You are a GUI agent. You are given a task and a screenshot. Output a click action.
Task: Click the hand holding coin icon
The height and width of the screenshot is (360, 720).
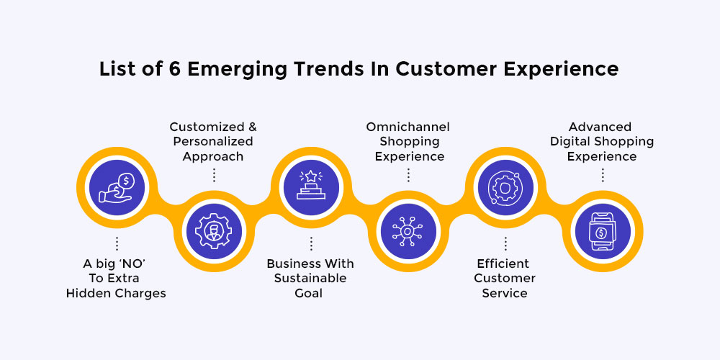[x=117, y=187]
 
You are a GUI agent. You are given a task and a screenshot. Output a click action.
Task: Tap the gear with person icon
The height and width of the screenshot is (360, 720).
[x=214, y=231]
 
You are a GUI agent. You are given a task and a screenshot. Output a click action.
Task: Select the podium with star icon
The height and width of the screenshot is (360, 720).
[x=311, y=186]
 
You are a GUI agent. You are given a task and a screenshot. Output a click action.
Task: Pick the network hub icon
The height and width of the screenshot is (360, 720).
[x=408, y=231]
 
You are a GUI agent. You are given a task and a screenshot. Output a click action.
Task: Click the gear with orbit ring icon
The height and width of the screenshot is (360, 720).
[x=505, y=187]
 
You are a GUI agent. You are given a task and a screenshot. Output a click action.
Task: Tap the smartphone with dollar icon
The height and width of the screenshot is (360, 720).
[x=602, y=232]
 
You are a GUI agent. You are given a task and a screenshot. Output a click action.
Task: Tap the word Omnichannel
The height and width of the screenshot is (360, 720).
[x=408, y=127]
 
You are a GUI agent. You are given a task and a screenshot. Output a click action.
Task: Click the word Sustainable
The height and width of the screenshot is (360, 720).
[x=310, y=278]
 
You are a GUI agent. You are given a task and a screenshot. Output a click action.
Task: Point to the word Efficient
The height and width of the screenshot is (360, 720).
[x=503, y=264]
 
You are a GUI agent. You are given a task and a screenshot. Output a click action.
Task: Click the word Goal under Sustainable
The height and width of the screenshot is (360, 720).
[x=309, y=293]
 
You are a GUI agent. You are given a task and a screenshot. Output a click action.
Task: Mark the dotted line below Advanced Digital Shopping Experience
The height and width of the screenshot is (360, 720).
[x=602, y=175]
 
